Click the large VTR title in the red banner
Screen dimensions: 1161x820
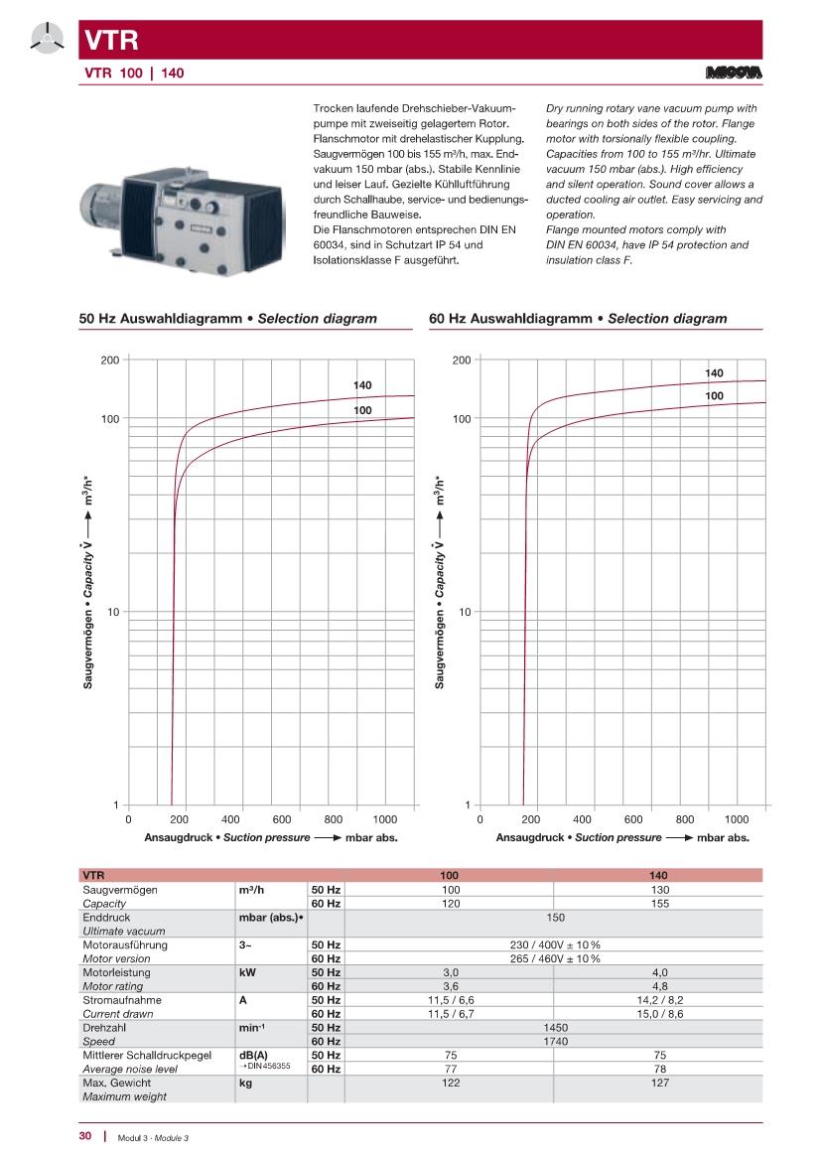click(103, 41)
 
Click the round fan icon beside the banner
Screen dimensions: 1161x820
click(46, 41)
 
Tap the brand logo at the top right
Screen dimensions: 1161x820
click(733, 73)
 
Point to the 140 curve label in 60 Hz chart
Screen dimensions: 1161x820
click(714, 373)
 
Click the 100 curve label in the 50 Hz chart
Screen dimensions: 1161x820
click(362, 410)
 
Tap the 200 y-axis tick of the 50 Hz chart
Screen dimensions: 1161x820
click(110, 360)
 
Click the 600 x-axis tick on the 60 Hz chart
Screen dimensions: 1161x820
click(633, 819)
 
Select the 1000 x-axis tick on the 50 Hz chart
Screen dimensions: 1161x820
click(385, 819)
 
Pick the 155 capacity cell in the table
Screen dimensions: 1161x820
click(658, 904)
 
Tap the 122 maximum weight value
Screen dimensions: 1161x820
click(450, 1083)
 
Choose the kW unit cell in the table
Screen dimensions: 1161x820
click(248, 973)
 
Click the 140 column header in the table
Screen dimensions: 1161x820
click(658, 876)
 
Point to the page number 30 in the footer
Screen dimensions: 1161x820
click(85, 1136)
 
